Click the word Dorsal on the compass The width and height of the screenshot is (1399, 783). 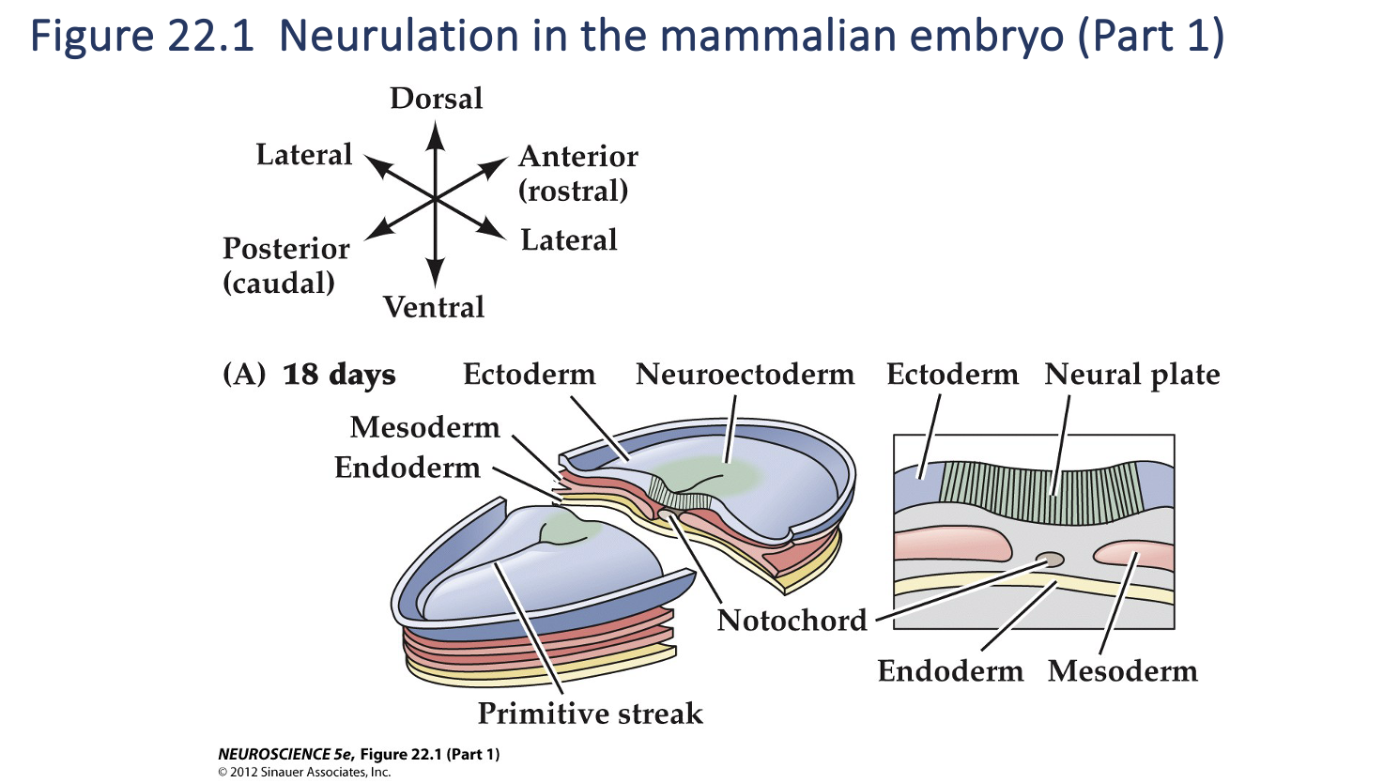(437, 99)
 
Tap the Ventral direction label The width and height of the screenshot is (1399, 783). (434, 307)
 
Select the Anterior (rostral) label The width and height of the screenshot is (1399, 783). (577, 173)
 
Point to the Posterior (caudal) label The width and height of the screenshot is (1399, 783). (285, 265)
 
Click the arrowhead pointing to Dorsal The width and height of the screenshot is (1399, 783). (435, 136)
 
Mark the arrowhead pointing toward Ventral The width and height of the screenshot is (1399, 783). (435, 274)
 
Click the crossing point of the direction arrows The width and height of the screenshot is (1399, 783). (435, 199)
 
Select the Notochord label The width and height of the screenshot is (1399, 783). (792, 621)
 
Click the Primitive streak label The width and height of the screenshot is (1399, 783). (590, 714)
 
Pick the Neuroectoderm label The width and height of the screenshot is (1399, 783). (745, 375)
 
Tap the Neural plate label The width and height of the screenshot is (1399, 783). (1131, 375)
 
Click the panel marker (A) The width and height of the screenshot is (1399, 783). (244, 375)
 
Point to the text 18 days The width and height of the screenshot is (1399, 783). (339, 375)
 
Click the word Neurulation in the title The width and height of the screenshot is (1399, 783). (398, 36)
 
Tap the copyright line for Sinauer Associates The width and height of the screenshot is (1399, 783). (304, 772)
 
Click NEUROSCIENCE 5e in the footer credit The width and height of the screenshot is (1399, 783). (285, 754)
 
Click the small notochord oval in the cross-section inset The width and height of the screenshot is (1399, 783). (1051, 560)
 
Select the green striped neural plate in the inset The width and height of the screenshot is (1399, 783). (1042, 492)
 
